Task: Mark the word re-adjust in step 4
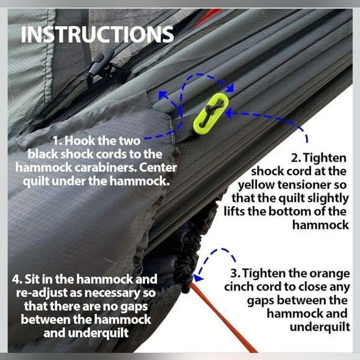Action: pyautogui.click(x=42, y=294)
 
